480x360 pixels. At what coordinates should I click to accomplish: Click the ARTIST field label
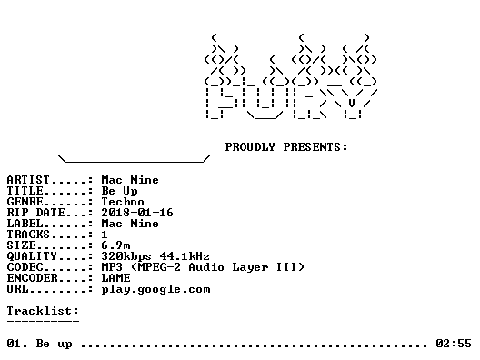[x=28, y=180]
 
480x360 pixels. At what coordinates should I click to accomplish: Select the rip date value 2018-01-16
[x=137, y=213]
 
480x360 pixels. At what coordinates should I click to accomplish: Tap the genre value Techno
[x=123, y=202]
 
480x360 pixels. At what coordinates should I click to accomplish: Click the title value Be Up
[x=119, y=191]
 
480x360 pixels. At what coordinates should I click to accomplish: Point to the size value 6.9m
[x=115, y=245]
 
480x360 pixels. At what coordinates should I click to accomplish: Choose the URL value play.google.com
[x=155, y=290]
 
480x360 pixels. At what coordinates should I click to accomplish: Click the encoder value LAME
[x=115, y=278]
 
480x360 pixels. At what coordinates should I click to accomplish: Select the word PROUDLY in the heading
[x=250, y=147]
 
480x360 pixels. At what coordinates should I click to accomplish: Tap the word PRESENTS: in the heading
[x=315, y=147]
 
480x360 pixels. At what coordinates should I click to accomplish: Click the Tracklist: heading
[x=43, y=311]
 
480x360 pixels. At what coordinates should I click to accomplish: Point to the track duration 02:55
[x=454, y=344]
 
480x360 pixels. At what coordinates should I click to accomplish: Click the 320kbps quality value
[x=126, y=256]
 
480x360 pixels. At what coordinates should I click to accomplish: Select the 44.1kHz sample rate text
[x=185, y=256]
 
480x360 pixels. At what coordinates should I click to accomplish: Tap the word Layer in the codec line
[x=250, y=267]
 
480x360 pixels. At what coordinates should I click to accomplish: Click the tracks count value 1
[x=105, y=235]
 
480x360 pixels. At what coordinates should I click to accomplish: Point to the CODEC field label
[x=25, y=267]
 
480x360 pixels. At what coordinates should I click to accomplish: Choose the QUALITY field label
[x=32, y=256]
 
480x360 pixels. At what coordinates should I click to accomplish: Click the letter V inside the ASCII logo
[x=352, y=103]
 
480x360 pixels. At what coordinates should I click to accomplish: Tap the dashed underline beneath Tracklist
[x=43, y=322]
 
